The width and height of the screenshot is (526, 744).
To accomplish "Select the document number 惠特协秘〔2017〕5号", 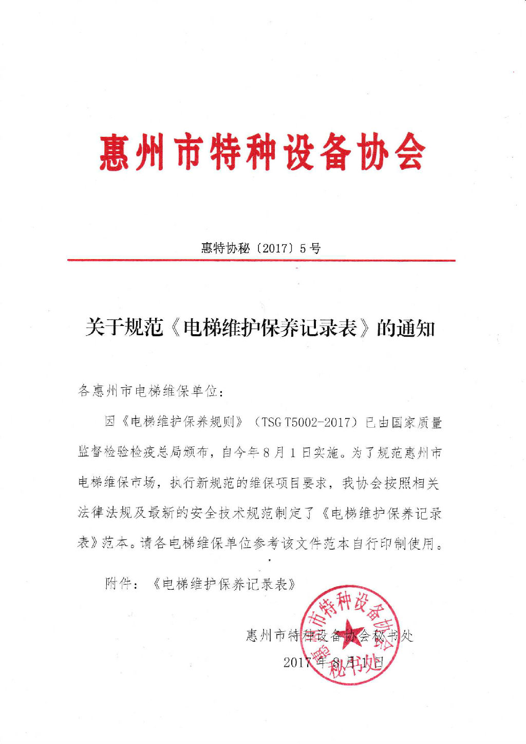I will point(261,248).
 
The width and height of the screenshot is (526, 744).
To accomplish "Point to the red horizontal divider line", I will point(261,261).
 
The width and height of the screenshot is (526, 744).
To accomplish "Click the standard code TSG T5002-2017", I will point(309,423).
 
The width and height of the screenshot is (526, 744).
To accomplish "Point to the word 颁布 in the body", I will point(201,453).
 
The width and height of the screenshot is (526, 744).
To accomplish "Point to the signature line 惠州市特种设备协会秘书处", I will point(329,636).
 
